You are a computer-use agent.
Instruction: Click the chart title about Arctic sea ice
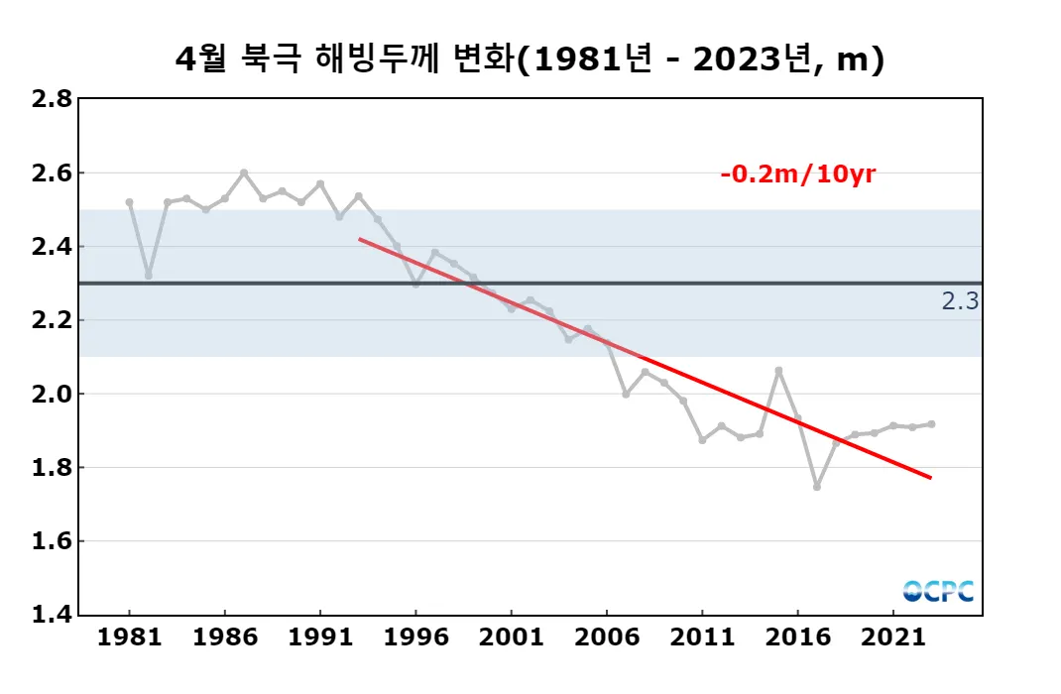tap(530, 59)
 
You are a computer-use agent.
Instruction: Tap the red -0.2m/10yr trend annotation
tap(798, 174)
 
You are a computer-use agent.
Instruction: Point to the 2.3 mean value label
tap(960, 301)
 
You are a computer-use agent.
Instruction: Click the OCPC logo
tap(938, 591)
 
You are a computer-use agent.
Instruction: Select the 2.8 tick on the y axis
tap(52, 99)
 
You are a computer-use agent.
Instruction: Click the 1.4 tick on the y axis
tap(52, 615)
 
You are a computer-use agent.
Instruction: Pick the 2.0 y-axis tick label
tap(52, 394)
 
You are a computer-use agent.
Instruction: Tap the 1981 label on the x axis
tap(130, 636)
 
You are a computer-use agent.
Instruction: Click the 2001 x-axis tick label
tap(512, 636)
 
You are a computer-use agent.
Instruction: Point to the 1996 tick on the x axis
tap(416, 636)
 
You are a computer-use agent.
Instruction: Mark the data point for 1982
tap(149, 276)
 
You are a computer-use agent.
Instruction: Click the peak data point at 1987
tap(244, 173)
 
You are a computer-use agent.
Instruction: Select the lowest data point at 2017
tap(817, 487)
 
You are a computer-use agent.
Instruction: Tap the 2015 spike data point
tap(778, 370)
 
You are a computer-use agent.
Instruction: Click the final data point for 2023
tap(931, 424)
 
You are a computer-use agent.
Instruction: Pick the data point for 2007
tap(626, 394)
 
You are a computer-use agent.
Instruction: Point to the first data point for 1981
tap(130, 202)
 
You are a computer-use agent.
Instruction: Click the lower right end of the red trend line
tap(930, 478)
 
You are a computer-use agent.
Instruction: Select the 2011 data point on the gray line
tap(702, 439)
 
